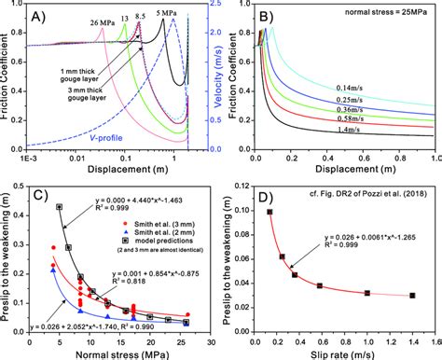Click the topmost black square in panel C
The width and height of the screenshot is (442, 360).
(60, 207)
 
